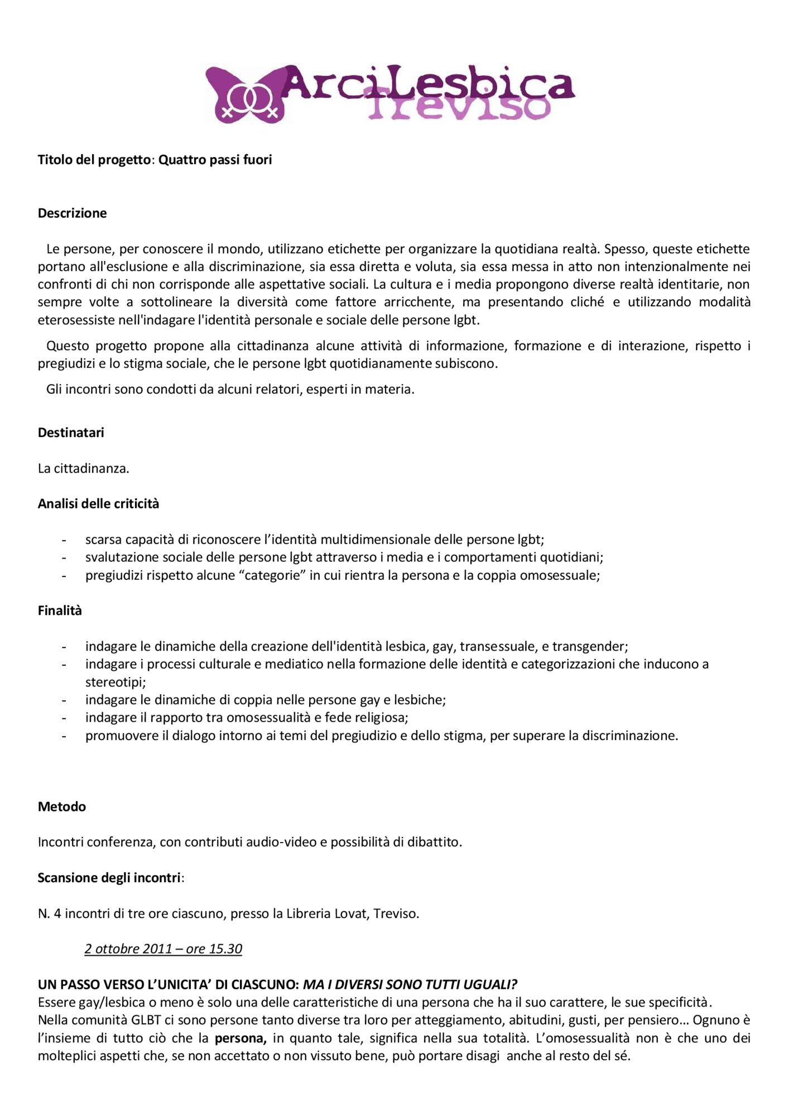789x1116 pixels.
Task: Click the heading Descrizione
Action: (x=72, y=213)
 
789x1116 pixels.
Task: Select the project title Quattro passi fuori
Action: (x=215, y=160)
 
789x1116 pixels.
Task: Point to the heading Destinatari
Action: (x=71, y=432)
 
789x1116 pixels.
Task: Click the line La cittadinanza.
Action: (x=83, y=468)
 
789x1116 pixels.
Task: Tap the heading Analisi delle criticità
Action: (x=98, y=504)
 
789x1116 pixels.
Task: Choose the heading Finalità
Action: (x=60, y=610)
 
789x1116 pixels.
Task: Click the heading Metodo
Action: (x=62, y=806)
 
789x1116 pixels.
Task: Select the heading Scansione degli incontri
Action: (x=109, y=878)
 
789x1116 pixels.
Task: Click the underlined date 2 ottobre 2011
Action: (x=163, y=949)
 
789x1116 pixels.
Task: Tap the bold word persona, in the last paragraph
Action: (x=240, y=1038)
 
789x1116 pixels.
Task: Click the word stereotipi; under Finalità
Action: (x=115, y=682)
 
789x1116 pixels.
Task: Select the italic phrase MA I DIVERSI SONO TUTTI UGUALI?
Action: (x=410, y=984)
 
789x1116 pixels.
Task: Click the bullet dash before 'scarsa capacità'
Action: (x=64, y=540)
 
